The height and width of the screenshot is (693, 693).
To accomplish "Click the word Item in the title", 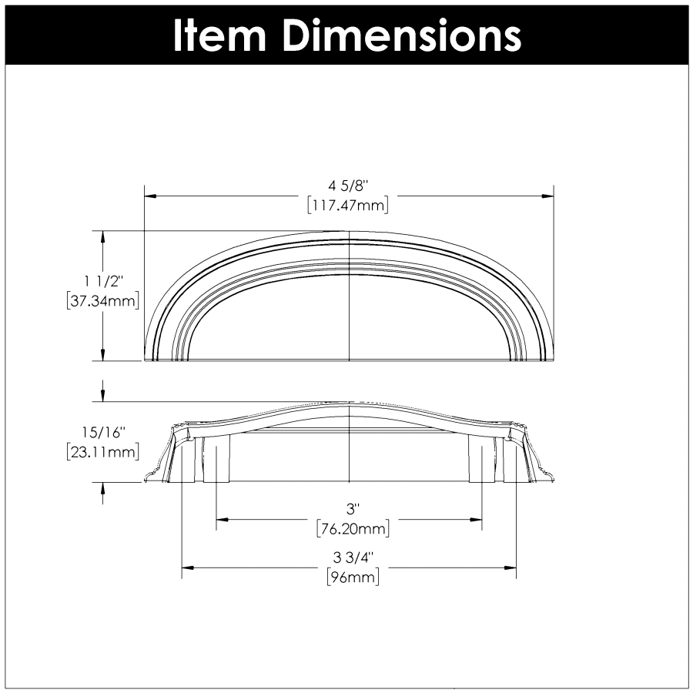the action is [219, 35].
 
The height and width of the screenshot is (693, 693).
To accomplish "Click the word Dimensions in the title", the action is [402, 35].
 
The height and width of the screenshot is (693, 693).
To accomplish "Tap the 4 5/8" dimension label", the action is [348, 186].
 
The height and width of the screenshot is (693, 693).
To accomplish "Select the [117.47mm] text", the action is [348, 206].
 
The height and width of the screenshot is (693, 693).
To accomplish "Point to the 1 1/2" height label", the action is [103, 281].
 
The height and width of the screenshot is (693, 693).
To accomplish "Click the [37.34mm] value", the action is [103, 301].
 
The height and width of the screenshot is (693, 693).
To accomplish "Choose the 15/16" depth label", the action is [104, 432].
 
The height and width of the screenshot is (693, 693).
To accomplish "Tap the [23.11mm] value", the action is [103, 452].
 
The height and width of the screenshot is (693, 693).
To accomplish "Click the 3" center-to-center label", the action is [351, 510].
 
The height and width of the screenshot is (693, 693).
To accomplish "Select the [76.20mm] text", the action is [353, 528].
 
